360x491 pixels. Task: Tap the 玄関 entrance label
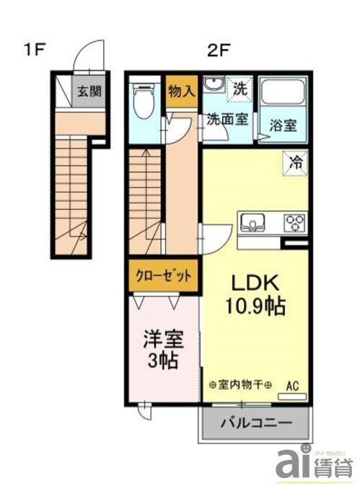click(90, 92)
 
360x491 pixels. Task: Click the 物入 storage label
click(181, 91)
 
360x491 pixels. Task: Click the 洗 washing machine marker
click(240, 90)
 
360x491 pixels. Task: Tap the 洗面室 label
click(227, 120)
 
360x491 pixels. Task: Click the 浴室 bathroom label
click(282, 125)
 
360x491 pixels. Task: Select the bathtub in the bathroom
click(283, 92)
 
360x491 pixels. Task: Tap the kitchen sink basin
click(253, 222)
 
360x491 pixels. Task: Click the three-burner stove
click(294, 222)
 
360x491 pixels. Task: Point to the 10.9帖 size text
click(253, 306)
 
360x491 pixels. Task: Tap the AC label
click(293, 386)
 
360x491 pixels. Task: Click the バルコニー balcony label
click(256, 423)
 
